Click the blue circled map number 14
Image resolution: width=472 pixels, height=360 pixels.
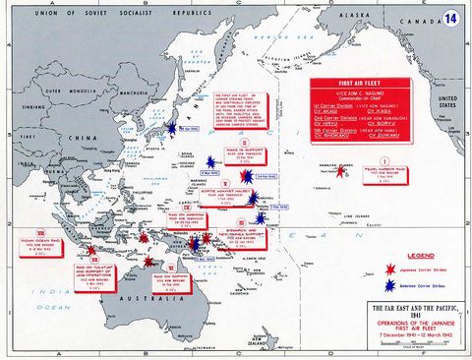[x=452, y=18]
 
